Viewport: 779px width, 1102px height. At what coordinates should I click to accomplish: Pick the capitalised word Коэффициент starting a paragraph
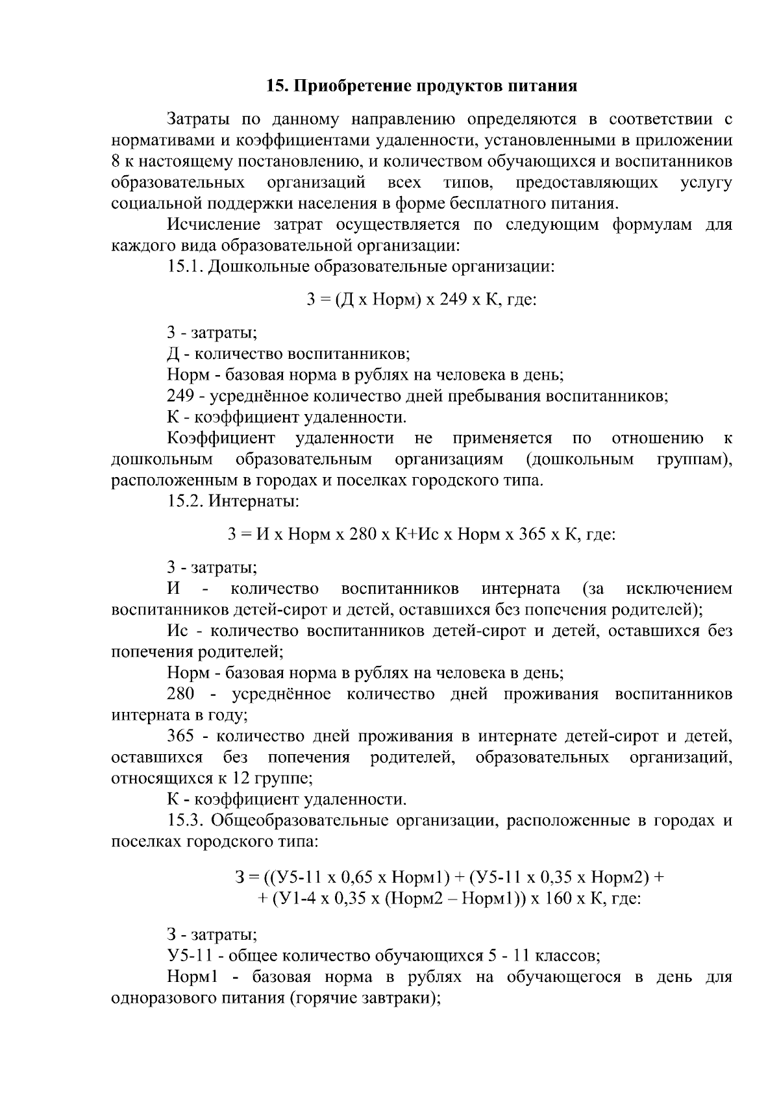coord(221,439)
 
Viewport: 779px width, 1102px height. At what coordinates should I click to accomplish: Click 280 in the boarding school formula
coord(362,535)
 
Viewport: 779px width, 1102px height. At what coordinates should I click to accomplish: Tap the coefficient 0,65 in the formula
coord(356,878)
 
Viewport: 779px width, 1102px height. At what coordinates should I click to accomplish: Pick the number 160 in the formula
coord(556,900)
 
